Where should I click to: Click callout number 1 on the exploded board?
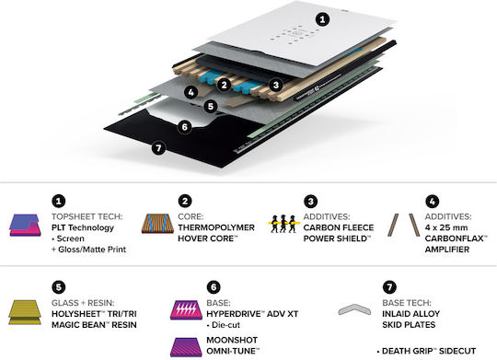pos(322,19)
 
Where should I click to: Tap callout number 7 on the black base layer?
pos(158,148)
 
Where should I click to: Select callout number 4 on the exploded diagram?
pos(191,92)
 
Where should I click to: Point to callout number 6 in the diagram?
pos(184,127)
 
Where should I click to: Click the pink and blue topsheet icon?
pos(25,226)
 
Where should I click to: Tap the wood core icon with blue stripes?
pos(157,224)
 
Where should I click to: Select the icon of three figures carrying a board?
pos(283,224)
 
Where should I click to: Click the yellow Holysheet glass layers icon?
pos(25,312)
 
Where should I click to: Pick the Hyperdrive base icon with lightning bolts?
pos(186,310)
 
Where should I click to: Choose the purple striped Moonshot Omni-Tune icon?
pos(186,347)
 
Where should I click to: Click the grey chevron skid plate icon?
pos(354,309)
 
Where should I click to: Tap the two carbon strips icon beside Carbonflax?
pos(403,226)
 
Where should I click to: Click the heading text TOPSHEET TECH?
pos(87,216)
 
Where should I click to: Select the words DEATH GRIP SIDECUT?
pos(429,351)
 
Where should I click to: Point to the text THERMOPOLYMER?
pos(216,227)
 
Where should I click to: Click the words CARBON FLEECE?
pos(339,227)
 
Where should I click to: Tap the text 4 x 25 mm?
pos(446,227)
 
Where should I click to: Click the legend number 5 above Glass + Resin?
pos(59,287)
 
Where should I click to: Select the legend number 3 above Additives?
pos(311,201)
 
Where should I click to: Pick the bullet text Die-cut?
pos(225,325)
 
